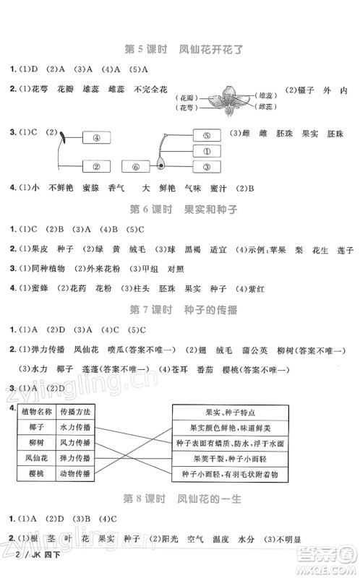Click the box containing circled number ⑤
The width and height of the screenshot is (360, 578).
[206, 135]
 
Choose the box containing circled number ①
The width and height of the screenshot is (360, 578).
[206, 151]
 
